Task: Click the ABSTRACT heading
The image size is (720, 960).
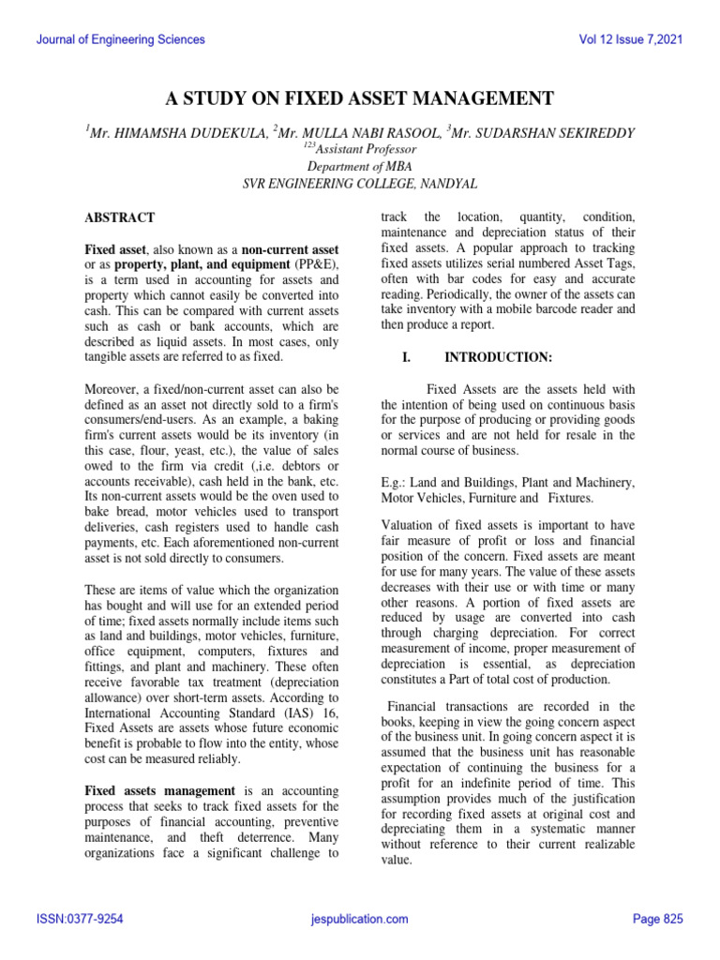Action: tap(120, 217)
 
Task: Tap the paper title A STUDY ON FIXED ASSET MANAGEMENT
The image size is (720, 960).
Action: tap(359, 99)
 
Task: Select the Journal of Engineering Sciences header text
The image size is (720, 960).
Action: tap(119, 40)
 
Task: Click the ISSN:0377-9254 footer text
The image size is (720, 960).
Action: tap(80, 920)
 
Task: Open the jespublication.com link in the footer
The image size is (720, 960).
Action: tap(359, 920)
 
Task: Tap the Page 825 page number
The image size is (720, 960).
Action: tap(658, 920)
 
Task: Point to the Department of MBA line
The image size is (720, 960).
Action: tap(359, 165)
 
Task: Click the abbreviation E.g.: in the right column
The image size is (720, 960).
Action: tap(397, 482)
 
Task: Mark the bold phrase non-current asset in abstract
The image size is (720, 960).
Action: tap(290, 250)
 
